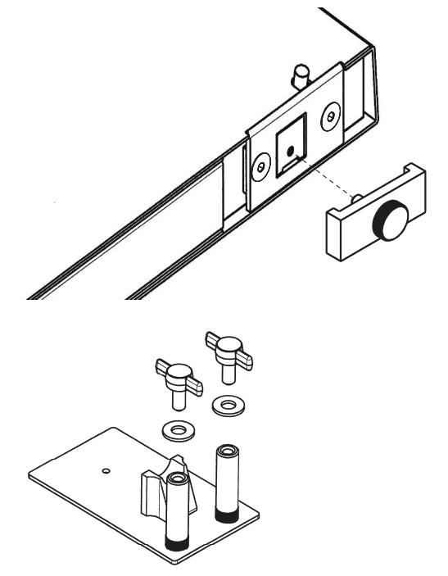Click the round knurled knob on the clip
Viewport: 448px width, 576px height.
pyautogui.click(x=387, y=220)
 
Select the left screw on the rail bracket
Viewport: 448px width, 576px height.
pyautogui.click(x=261, y=166)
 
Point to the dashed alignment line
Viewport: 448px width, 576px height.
pyautogui.click(x=332, y=179)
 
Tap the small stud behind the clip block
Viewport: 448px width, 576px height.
pyautogui.click(x=358, y=198)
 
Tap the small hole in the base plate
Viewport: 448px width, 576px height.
pyautogui.click(x=105, y=470)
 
